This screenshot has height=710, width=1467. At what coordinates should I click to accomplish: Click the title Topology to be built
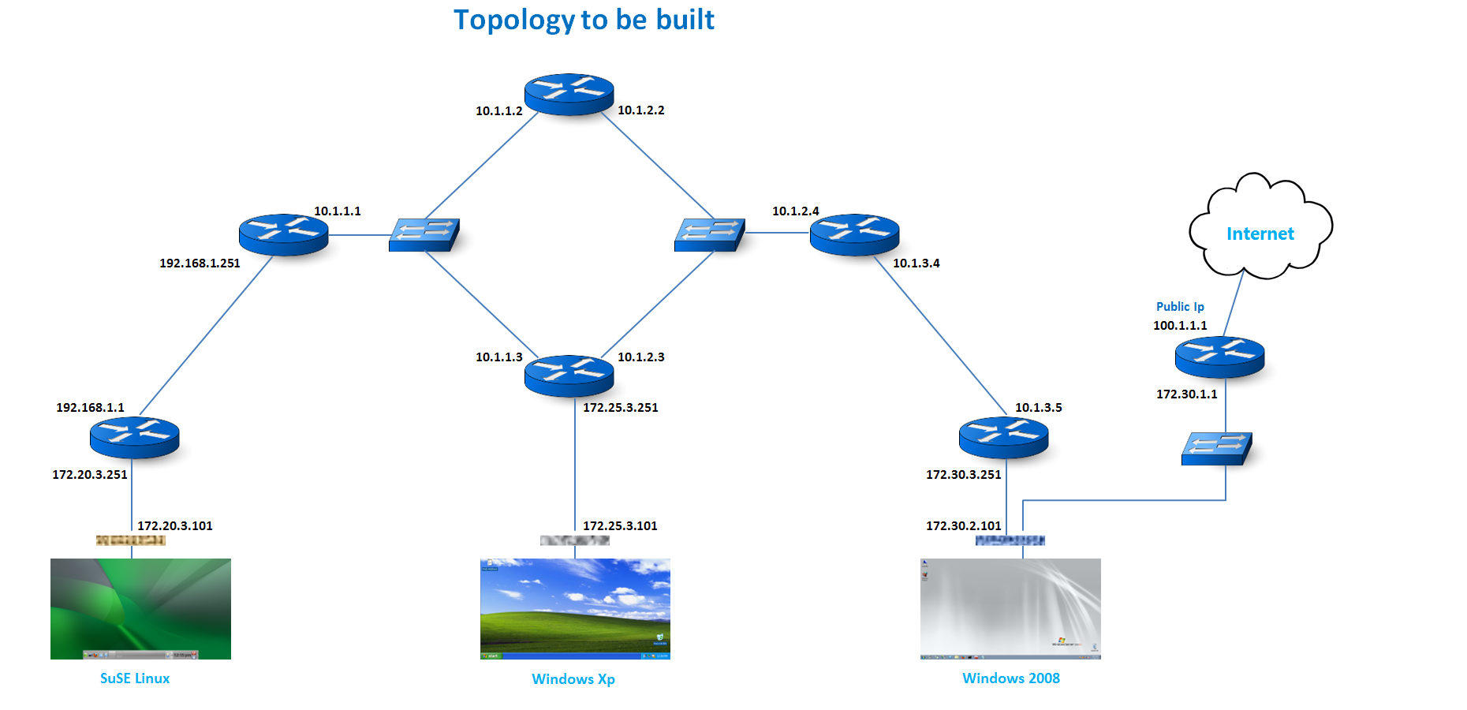(584, 20)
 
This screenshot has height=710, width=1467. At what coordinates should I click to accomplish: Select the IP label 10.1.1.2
(498, 111)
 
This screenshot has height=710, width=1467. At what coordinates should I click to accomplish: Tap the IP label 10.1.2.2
(640, 110)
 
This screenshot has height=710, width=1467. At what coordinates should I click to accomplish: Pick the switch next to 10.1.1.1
(424, 235)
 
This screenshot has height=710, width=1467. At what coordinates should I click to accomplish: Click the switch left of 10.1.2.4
(709, 235)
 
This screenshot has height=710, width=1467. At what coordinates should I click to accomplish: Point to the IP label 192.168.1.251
(200, 263)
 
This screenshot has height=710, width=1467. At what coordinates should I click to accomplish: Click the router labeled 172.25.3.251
(569, 376)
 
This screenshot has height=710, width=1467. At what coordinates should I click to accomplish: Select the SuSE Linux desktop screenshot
(140, 608)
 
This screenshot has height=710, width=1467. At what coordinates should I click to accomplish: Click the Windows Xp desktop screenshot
(575, 608)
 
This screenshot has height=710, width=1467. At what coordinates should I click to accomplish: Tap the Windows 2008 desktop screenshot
(1010, 608)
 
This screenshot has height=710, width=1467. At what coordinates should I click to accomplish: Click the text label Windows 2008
(1010, 678)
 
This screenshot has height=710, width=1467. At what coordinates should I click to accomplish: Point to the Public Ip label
(1180, 307)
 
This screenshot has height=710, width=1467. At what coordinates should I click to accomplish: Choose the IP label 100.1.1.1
(1180, 326)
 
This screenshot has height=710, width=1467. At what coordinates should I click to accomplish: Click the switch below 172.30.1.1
(1216, 448)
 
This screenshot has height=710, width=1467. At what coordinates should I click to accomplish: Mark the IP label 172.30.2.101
(963, 526)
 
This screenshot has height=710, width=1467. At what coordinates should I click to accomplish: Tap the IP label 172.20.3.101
(175, 526)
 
